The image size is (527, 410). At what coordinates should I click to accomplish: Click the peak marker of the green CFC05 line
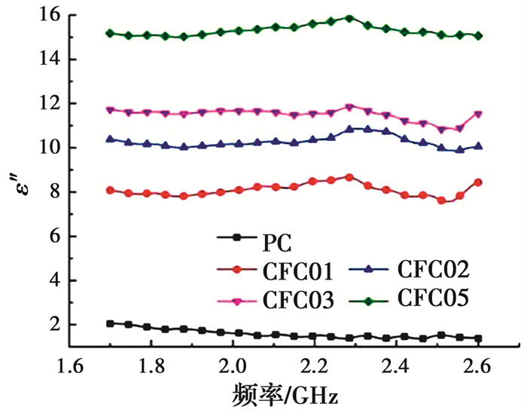pos(349,17)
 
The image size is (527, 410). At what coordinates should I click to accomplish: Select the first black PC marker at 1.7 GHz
pos(110,323)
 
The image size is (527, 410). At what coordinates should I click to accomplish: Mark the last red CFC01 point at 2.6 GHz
pos(478,182)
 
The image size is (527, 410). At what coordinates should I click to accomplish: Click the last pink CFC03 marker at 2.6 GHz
pos(478,115)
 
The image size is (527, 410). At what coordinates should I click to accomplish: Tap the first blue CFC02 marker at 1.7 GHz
pos(110,139)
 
